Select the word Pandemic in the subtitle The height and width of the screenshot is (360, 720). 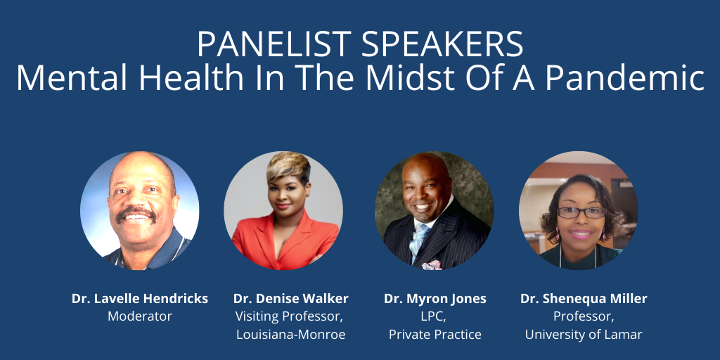pyautogui.click(x=625, y=77)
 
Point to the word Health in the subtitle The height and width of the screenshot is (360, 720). pyautogui.click(x=193, y=77)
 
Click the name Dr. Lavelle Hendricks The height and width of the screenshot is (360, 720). pyautogui.click(x=140, y=298)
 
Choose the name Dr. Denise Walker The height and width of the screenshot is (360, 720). pyautogui.click(x=290, y=298)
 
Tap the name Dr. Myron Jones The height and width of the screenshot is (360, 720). pyautogui.click(x=435, y=299)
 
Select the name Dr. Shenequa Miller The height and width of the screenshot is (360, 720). pyautogui.click(x=584, y=299)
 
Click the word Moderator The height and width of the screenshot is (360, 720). pyautogui.click(x=140, y=316)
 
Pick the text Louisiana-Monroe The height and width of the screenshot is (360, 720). pyautogui.click(x=290, y=334)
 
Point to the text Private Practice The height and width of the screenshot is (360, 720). pyautogui.click(x=435, y=334)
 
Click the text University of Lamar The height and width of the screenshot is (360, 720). pyautogui.click(x=584, y=335)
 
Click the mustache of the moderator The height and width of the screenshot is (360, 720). pyautogui.click(x=136, y=212)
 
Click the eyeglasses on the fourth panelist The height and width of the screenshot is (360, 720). pyautogui.click(x=581, y=212)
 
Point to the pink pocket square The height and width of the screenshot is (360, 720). pyautogui.click(x=432, y=265)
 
